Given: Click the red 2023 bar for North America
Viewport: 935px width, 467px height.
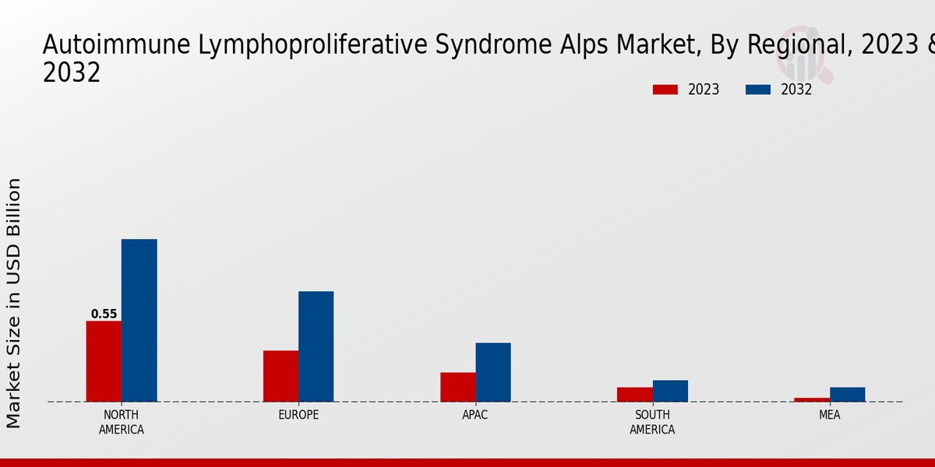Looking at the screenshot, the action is click(x=104, y=361).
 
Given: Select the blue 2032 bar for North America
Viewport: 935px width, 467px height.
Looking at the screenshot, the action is click(x=139, y=320).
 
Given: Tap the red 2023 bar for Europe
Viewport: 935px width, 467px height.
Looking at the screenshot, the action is click(x=281, y=376).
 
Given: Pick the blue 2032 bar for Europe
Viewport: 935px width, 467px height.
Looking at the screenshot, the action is click(x=316, y=346).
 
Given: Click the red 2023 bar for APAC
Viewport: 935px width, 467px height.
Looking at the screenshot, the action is click(x=458, y=387).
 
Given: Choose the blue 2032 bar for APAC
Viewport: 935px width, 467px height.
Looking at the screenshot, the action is click(x=493, y=372).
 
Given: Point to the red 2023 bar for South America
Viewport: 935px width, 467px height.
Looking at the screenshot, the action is click(x=635, y=395).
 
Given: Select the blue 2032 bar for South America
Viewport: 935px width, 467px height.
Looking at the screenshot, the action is click(x=670, y=391).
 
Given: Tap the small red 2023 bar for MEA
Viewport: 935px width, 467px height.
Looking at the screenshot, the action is click(x=812, y=400).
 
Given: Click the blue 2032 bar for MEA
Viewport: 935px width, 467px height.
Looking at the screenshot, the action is click(x=848, y=395).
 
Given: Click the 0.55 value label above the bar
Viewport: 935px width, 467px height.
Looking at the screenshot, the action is click(x=104, y=314).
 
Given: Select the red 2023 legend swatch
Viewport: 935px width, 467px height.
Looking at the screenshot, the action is click(x=665, y=90).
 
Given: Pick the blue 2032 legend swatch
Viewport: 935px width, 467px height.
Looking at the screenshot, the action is click(x=758, y=90).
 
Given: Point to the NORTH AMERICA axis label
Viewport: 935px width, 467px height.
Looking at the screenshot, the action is click(x=122, y=422).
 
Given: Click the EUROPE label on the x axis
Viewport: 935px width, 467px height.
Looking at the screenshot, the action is click(x=298, y=415).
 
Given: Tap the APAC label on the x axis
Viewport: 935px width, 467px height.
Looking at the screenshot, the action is click(x=475, y=415).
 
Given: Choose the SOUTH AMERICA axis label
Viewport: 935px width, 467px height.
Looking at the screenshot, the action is click(x=652, y=422).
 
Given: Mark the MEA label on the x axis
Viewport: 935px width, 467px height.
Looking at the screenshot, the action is click(x=829, y=415).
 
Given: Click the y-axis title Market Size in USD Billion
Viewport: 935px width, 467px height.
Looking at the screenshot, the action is click(x=13, y=303).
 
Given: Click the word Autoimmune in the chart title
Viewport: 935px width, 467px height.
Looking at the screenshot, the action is click(x=116, y=44).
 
